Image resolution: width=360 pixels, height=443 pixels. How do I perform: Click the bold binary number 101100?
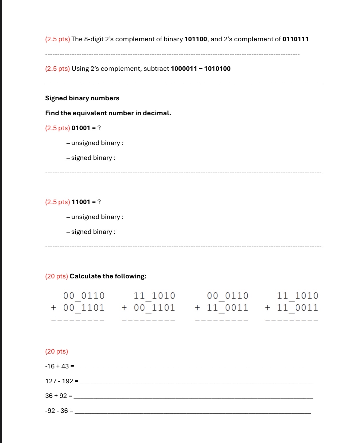click(195, 39)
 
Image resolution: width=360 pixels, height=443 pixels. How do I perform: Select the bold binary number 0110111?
click(295, 39)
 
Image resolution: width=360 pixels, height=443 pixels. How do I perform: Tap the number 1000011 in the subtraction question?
click(184, 69)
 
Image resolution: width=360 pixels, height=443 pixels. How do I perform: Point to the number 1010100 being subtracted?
click(217, 69)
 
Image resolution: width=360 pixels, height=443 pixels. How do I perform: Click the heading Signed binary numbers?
click(82, 98)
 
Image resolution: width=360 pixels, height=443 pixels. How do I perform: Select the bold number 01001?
click(81, 128)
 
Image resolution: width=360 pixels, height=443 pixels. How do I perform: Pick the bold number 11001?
click(81, 202)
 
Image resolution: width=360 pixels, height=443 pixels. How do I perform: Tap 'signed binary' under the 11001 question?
click(92, 232)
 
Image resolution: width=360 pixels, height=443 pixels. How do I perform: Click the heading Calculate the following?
click(108, 276)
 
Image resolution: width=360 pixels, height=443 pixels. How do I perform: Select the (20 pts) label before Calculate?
click(57, 276)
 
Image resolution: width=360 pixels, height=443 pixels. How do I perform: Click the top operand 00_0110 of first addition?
click(84, 296)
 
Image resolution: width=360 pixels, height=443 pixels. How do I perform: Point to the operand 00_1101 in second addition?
click(154, 308)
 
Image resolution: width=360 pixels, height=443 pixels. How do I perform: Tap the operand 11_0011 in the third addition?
click(227, 308)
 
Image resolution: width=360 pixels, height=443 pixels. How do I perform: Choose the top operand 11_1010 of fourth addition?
click(297, 296)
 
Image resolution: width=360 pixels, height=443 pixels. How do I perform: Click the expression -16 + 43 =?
click(59, 366)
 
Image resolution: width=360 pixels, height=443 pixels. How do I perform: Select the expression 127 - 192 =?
click(62, 381)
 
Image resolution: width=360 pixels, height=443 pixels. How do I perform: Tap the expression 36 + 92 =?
click(59, 396)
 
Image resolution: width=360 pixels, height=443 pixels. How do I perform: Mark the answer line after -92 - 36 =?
click(192, 413)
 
